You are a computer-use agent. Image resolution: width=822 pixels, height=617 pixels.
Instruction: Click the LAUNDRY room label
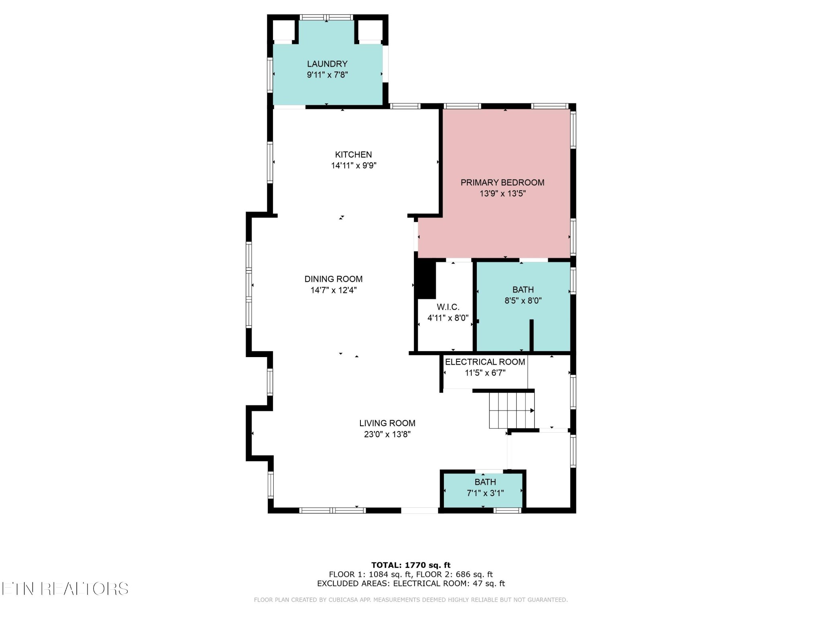(327, 64)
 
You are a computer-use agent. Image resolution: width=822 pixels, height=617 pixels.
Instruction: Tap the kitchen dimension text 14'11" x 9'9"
(354, 165)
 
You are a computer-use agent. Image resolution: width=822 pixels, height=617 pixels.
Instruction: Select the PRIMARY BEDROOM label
(503, 182)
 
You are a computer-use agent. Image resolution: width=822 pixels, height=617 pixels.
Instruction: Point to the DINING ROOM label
(334, 279)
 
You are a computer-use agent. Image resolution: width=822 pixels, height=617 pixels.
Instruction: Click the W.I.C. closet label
(448, 307)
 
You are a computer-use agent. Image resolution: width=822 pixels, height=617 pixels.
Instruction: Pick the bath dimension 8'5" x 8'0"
(523, 300)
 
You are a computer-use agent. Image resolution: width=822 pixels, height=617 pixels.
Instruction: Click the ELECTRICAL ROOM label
(485, 362)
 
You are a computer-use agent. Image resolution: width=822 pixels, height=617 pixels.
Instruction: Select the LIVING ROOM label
(387, 423)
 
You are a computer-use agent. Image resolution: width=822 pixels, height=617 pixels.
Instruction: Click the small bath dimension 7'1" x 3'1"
(485, 493)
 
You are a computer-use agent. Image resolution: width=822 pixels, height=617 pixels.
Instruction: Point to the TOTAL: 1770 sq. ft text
(411, 565)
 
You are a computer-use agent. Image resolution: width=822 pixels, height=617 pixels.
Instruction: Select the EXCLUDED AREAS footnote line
(411, 583)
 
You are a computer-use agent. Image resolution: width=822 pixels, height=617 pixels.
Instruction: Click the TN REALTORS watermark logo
(65, 588)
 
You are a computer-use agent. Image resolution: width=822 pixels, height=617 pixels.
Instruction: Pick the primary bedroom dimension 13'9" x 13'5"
(503, 194)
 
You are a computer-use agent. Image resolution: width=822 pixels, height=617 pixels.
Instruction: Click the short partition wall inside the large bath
(531, 335)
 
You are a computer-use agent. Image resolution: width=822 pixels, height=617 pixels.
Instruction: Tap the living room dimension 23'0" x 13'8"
(387, 434)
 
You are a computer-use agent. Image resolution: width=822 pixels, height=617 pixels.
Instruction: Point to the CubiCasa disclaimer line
(411, 600)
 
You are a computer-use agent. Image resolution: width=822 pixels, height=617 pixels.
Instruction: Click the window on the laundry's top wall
(327, 17)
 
